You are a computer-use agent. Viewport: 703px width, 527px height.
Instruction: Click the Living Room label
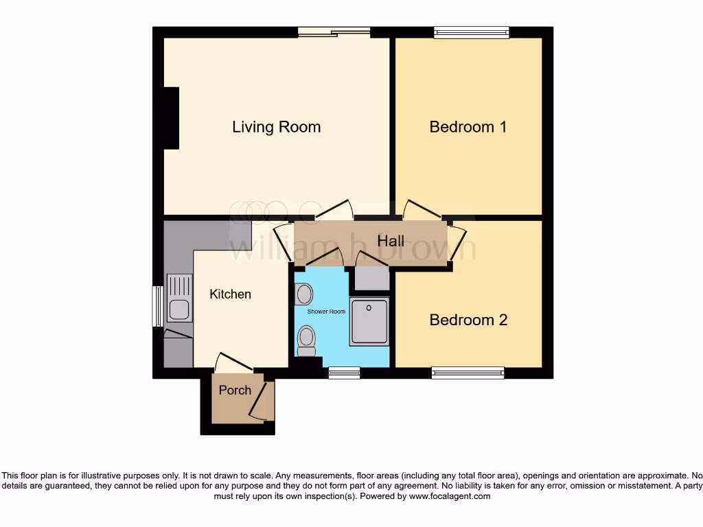click(x=276, y=127)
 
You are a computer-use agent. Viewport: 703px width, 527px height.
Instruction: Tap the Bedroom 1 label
click(x=468, y=127)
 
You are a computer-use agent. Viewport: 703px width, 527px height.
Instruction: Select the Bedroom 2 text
click(x=468, y=320)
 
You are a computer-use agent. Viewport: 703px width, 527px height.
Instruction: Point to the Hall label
click(x=391, y=241)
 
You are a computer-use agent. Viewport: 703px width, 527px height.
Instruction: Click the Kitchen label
click(x=230, y=294)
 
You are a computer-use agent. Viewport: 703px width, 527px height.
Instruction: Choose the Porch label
click(x=235, y=390)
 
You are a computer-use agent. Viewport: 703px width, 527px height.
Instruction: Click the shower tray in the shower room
click(x=369, y=321)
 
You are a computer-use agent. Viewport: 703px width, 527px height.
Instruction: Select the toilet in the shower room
click(x=306, y=339)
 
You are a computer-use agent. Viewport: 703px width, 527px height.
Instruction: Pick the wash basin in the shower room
click(x=303, y=294)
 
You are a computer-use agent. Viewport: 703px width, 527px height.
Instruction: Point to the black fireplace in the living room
click(x=171, y=118)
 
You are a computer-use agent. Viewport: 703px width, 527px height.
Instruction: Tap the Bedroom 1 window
click(x=471, y=32)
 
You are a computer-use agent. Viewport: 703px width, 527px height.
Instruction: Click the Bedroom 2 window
click(x=468, y=373)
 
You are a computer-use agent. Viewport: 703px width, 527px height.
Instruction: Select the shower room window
click(x=344, y=373)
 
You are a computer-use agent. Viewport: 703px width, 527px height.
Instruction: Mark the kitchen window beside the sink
click(x=157, y=306)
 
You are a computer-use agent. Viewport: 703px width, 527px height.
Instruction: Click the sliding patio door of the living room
click(x=334, y=32)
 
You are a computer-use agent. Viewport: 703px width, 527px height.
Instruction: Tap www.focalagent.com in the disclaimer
click(x=449, y=496)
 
